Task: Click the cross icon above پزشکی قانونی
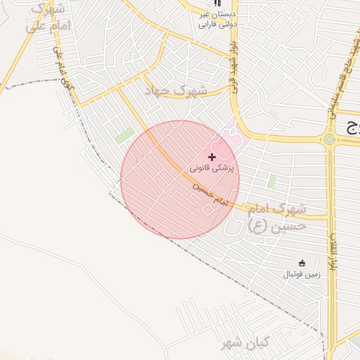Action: click(x=212, y=156)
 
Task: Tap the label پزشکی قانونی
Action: click(x=214, y=169)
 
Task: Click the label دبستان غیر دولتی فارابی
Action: click(x=217, y=19)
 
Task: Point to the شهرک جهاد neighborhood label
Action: click(x=176, y=91)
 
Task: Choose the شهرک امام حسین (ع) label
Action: click(x=278, y=217)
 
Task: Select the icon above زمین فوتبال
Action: click(x=302, y=262)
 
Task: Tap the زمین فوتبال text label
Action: click(x=302, y=274)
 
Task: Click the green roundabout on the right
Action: click(x=329, y=140)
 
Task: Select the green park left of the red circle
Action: click(x=124, y=136)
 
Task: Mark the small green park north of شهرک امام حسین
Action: click(x=271, y=181)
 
